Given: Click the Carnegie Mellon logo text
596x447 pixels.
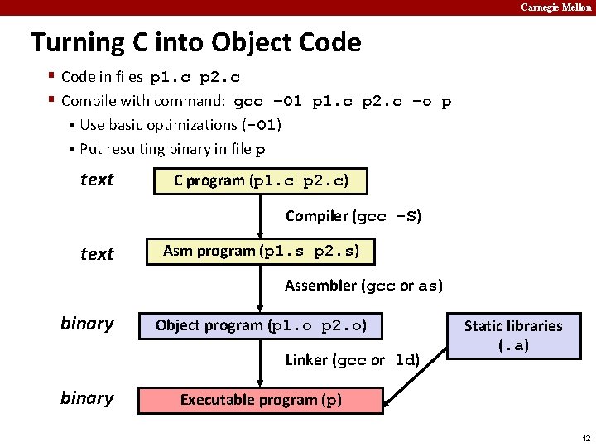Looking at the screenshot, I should click(x=555, y=7).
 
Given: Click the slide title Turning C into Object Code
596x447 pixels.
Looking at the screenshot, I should click(x=195, y=42).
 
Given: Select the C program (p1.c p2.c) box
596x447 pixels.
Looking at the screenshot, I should click(x=261, y=180).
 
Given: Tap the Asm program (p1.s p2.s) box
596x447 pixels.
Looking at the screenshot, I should click(x=261, y=251).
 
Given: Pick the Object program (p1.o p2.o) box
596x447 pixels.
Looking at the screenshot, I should click(x=261, y=325).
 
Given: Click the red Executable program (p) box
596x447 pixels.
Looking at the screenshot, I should click(x=261, y=400).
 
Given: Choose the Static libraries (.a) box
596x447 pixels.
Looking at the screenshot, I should click(x=512, y=335).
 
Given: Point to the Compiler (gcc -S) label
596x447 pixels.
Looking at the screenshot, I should click(x=353, y=217).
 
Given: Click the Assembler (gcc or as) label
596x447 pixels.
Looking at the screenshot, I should click(x=363, y=286).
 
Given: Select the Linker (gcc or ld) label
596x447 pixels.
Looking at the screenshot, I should click(x=353, y=360).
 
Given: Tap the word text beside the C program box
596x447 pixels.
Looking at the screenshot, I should click(x=97, y=180).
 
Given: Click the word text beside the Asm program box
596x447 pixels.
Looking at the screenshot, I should click(x=97, y=254).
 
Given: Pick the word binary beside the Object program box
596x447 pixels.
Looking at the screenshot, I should click(x=87, y=324).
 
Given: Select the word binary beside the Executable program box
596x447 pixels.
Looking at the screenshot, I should click(x=87, y=398).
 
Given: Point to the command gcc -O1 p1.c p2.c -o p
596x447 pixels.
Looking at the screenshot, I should click(x=343, y=102).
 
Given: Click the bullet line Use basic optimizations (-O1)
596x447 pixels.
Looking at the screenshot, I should click(x=180, y=125).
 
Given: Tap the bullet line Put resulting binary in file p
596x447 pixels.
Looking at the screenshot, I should click(x=172, y=150).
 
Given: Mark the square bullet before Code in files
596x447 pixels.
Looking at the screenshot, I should click(x=51, y=77).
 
